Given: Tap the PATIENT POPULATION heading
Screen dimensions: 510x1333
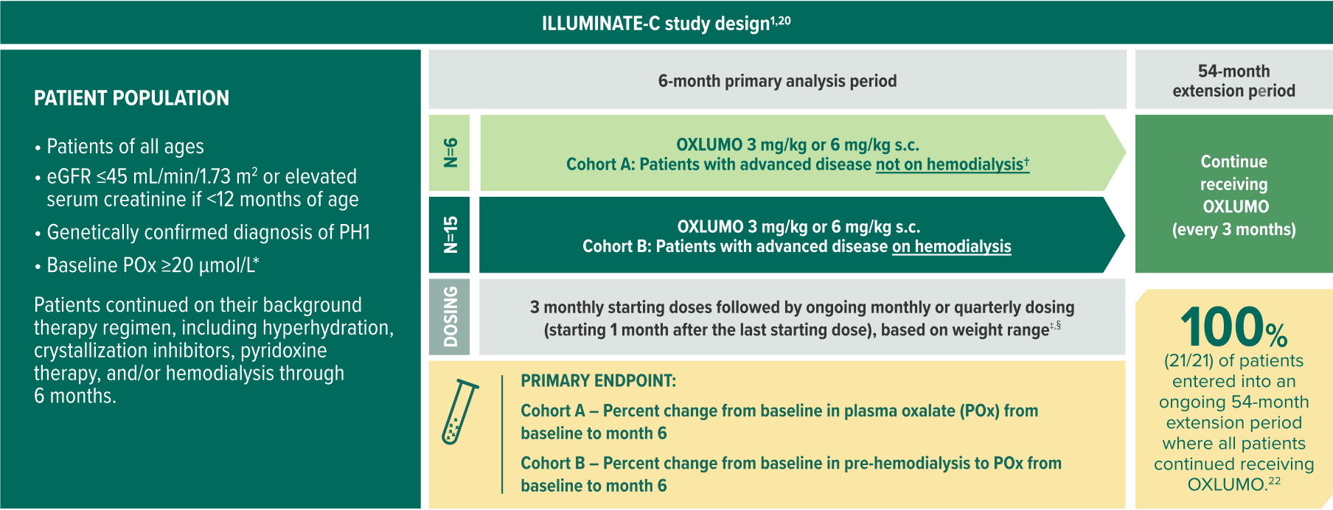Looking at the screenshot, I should click(131, 98).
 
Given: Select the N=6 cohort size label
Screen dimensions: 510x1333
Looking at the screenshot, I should click(450, 153).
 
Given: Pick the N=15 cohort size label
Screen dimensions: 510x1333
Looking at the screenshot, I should click(450, 235).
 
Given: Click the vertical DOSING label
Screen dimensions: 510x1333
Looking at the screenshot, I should click(450, 316).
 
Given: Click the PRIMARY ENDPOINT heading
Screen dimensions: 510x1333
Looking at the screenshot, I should click(598, 381).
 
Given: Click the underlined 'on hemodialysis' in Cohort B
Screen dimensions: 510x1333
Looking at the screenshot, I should click(951, 246).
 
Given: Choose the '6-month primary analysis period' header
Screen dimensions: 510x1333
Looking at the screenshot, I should click(777, 81).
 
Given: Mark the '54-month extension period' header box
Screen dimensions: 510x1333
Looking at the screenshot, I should click(1233, 81).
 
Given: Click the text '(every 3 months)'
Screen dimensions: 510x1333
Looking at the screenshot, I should click(1233, 229).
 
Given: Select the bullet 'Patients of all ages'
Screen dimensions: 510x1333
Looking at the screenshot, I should click(125, 147).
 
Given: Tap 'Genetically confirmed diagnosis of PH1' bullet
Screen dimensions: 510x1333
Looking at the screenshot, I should click(208, 232).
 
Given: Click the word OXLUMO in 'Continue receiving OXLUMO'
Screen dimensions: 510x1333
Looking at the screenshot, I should click(1236, 206).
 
